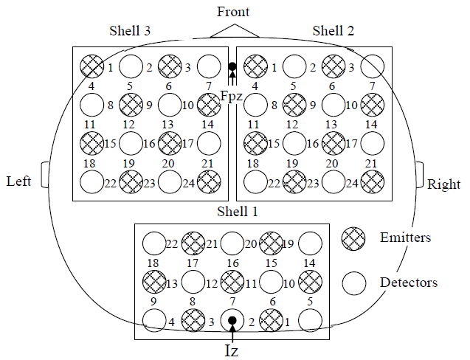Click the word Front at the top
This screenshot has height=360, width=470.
[233, 13]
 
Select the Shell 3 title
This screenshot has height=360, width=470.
[131, 30]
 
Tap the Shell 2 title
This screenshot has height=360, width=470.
[334, 30]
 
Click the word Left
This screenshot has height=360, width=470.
[18, 181]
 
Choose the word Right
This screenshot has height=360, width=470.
[444, 184]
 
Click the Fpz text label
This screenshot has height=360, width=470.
[231, 95]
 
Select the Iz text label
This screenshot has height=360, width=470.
[232, 351]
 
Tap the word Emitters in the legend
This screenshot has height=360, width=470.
[405, 238]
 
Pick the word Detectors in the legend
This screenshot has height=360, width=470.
[408, 282]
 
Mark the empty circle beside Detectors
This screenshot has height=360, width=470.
[354, 282]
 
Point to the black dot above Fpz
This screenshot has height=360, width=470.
[232, 68]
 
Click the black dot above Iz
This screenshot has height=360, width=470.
[232, 320]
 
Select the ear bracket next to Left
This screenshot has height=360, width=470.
[46, 175]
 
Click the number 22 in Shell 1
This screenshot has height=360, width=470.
[172, 244]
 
